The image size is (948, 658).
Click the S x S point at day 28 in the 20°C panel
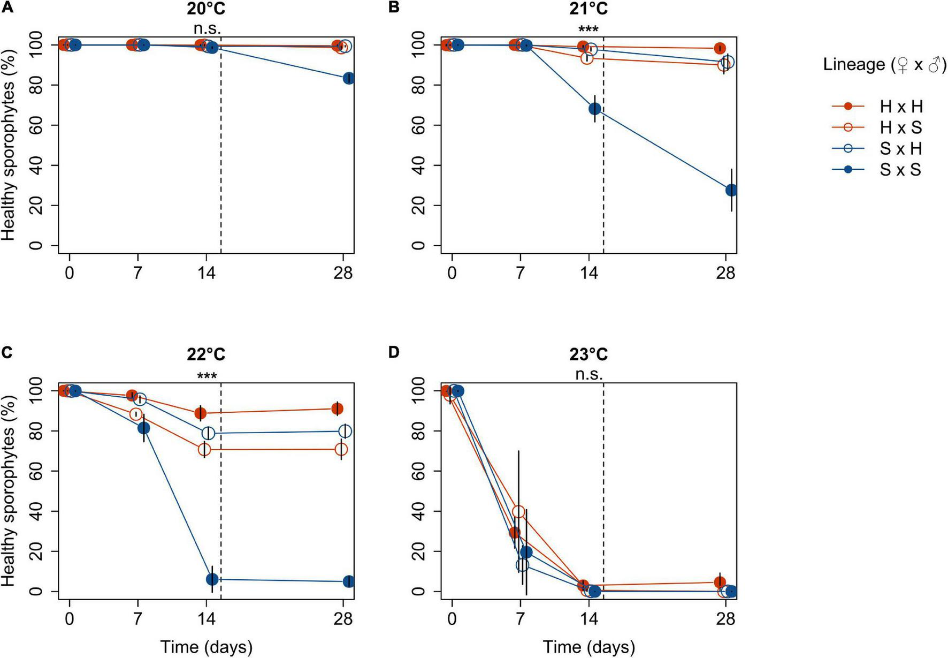[x=348, y=78]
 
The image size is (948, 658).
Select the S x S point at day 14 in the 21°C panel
[x=594, y=109]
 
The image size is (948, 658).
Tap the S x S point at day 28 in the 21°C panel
[x=731, y=190]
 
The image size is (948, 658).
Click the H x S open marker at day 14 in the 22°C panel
[x=204, y=450]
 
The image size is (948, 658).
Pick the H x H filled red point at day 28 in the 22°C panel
[x=337, y=409]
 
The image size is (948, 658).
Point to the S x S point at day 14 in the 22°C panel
[x=212, y=579]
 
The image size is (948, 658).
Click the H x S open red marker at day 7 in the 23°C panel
[x=518, y=511]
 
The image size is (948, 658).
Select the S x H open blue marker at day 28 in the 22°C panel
[x=346, y=431]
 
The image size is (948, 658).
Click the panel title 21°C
[x=588, y=9]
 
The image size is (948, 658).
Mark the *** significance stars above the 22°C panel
[x=207, y=376]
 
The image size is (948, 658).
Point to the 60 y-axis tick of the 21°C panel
[x=419, y=125]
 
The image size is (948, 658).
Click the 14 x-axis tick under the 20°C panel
[x=207, y=273]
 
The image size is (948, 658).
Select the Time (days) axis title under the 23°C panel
[x=589, y=647]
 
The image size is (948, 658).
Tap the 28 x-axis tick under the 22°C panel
[x=343, y=619]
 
